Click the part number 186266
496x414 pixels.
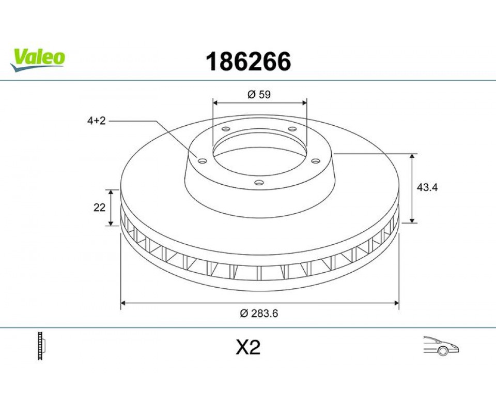click(x=248, y=62)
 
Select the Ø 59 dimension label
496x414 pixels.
click(x=259, y=94)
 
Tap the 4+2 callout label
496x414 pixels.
click(x=96, y=121)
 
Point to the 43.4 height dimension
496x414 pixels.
click(x=427, y=187)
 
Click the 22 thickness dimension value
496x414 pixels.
click(x=99, y=208)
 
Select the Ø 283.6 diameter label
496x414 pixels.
click(x=259, y=313)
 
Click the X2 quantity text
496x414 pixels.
click(x=249, y=347)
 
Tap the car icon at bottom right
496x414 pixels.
click(x=441, y=345)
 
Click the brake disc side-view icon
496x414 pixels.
click(x=41, y=346)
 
